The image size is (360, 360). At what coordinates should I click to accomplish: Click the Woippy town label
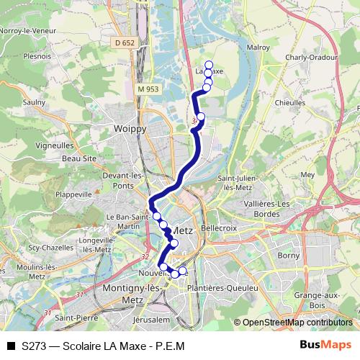pos(130,128)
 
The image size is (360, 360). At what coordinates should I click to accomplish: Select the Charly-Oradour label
pos(311,58)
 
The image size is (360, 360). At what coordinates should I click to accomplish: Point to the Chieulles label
pos(290,103)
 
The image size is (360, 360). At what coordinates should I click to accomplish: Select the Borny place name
pos(288,255)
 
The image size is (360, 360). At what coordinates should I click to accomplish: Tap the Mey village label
pos(308,174)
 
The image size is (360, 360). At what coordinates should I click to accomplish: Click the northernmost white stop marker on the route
pos(209,65)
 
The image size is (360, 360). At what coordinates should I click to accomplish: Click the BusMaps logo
pos(325,345)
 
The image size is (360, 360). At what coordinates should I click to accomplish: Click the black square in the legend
pos(11,346)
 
